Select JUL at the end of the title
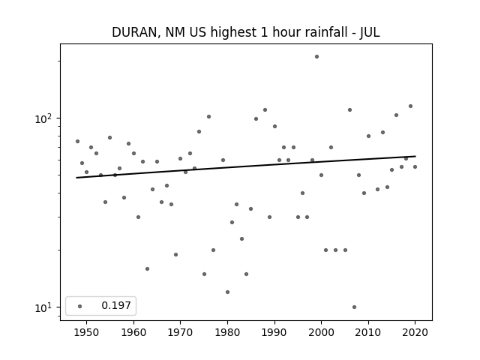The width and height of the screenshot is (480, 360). point(370,32)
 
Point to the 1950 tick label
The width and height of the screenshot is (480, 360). point(87,332)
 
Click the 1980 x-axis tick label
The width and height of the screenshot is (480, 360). point(227,332)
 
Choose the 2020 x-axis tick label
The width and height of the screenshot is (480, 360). point(415,332)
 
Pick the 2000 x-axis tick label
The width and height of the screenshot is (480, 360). point(322,332)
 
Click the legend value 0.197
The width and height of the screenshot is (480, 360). point(116,305)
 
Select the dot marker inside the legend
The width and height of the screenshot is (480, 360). point(80,306)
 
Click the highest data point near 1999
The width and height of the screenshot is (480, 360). point(316,57)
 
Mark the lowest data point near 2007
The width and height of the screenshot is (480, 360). point(354,307)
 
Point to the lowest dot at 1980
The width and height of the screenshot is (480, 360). point(227,292)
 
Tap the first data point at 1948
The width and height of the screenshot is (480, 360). point(77,142)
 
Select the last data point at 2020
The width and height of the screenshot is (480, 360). point(415,166)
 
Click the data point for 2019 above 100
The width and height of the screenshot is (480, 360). point(410,106)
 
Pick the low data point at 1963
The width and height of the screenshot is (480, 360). point(147,268)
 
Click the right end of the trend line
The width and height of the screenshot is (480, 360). point(415,156)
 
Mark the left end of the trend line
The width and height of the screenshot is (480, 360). point(76,178)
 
